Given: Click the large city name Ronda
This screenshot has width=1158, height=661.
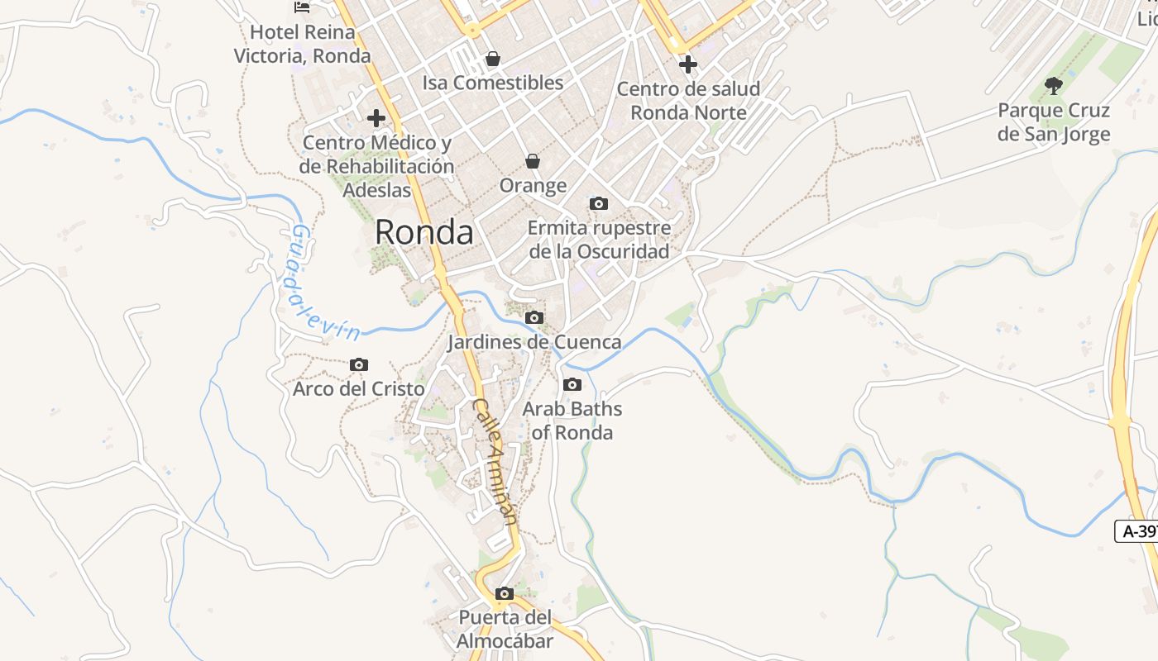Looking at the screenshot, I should coord(424,232).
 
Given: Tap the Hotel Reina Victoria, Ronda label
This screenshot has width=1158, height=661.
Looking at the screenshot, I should coord(303,45).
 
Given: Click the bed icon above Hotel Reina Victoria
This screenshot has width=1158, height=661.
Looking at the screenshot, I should coord(303,7).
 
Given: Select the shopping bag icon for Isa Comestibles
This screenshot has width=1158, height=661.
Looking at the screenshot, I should coord(493,59).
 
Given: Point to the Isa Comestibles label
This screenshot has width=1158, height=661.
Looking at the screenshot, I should coord(493,83).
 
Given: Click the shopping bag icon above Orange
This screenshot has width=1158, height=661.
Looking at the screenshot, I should coord(533,160).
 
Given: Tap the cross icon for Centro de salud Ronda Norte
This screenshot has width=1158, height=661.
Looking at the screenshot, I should coord(688,64).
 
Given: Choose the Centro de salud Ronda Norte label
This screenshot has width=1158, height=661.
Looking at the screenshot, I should coord(688,101).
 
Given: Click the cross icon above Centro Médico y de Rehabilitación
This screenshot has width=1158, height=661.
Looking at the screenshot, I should coord(376,118).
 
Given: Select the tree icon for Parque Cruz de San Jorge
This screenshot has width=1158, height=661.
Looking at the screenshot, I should coord(1054,85).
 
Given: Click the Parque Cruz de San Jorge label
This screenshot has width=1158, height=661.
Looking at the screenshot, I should coord(1054,122).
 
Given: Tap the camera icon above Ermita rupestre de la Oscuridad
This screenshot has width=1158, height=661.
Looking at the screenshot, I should coord(599,203).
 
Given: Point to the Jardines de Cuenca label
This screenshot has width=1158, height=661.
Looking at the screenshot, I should coord(534,342).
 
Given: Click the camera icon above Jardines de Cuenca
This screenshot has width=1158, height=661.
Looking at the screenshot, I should coord(534,317).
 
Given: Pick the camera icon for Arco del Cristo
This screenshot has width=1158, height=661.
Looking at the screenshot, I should coord(359,364).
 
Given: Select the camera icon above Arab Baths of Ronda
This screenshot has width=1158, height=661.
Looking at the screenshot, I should coord(572,384).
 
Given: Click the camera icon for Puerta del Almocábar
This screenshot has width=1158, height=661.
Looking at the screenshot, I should coord(504,593).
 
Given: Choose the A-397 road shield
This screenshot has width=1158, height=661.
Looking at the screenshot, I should coord(1138,531).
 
